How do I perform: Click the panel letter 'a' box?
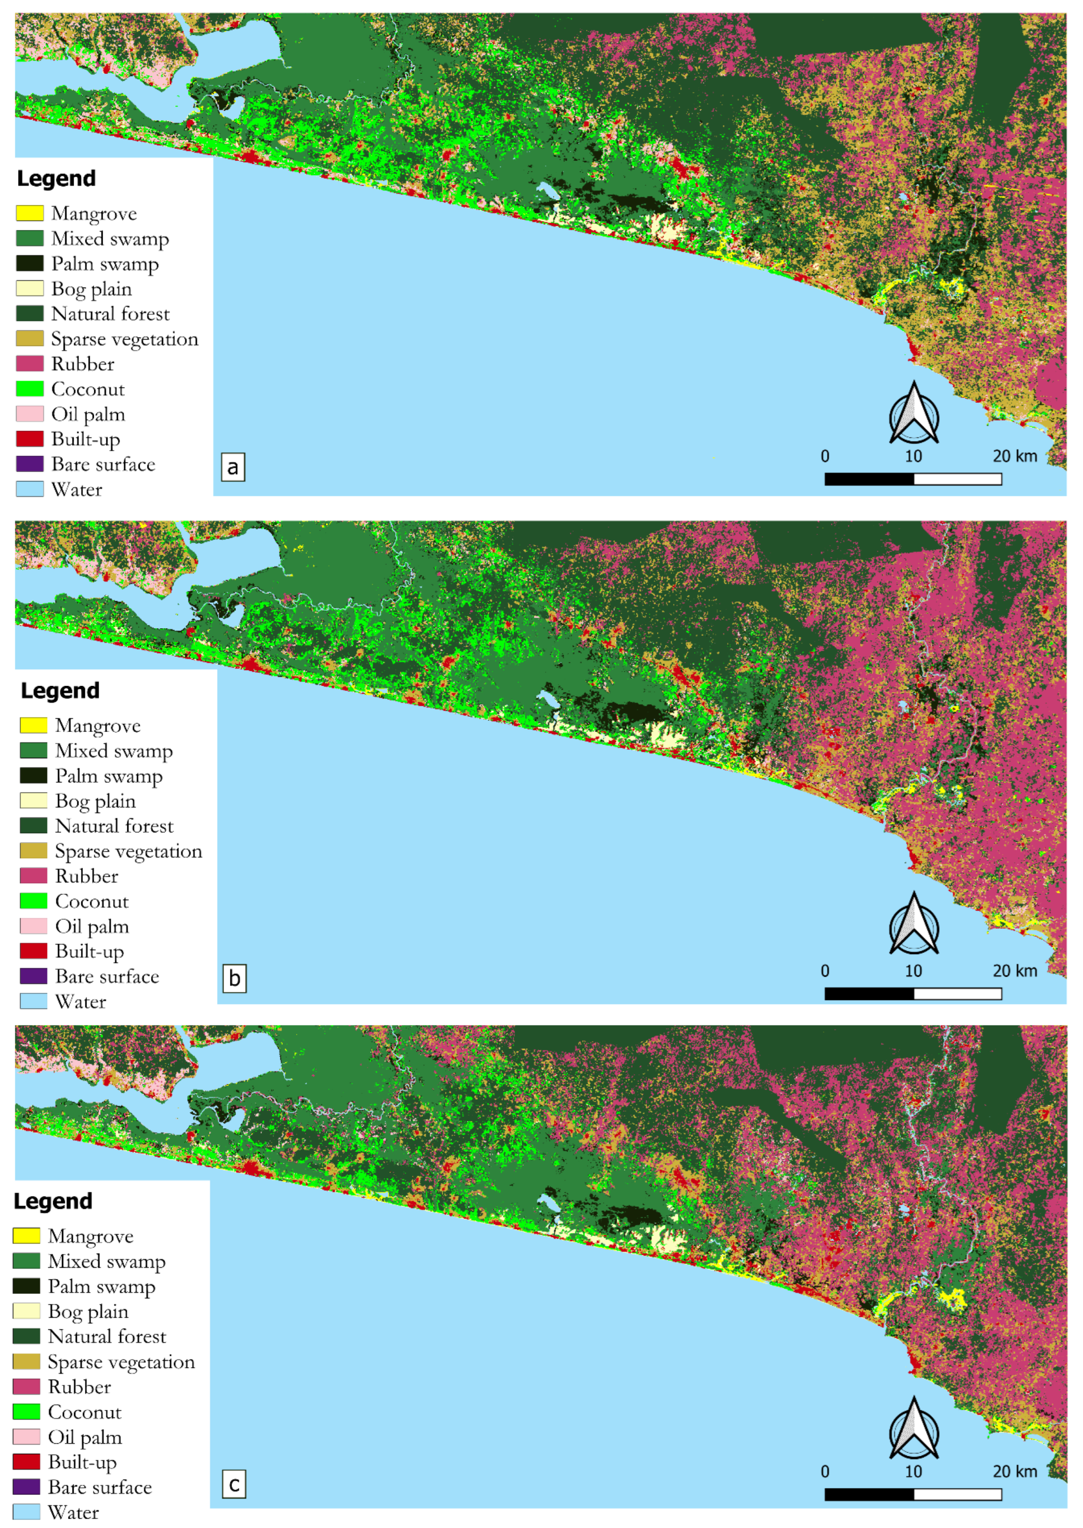[233, 467]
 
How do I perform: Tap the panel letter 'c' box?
[234, 1485]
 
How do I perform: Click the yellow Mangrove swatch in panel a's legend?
[30, 213]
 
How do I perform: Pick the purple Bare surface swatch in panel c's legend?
[27, 1487]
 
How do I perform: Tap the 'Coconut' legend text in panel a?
[88, 389]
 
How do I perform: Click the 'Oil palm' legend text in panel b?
[92, 926]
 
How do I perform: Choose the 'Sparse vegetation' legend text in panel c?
[121, 1362]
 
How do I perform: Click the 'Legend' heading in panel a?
[57, 178]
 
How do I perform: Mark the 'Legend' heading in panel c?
[53, 1201]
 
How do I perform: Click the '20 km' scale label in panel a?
[1014, 456]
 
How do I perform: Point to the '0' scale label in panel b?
[825, 971]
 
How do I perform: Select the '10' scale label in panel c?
[913, 1471]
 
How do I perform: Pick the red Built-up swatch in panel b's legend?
[33, 951]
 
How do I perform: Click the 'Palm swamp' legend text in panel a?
[105, 264]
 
